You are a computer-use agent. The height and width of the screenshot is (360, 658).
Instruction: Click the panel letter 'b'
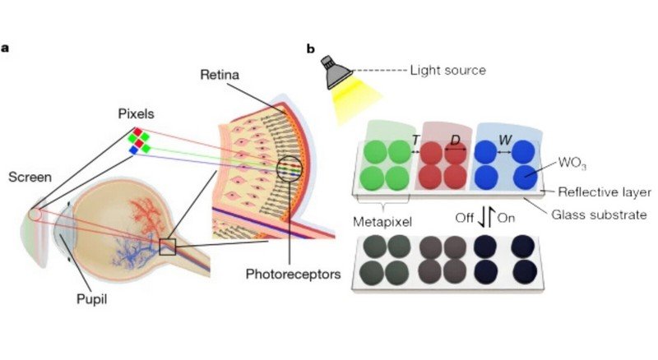coord(311,48)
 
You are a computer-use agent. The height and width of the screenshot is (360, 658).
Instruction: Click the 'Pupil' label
coord(88,300)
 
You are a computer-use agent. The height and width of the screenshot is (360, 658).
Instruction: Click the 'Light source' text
coord(447,71)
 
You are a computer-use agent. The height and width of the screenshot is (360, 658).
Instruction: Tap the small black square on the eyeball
coord(168,246)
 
